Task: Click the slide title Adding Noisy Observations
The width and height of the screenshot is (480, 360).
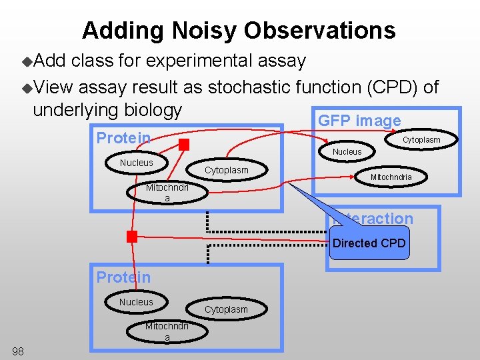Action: point(239,30)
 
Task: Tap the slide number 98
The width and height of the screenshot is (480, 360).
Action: point(18,351)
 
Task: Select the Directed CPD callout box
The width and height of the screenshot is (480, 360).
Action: point(369,243)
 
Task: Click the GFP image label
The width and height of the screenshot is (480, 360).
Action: point(359,121)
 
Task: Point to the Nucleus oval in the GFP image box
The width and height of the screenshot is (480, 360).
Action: point(347,152)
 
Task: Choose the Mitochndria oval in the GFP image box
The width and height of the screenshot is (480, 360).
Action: point(391,177)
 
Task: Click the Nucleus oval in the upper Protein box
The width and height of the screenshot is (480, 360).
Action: point(136,163)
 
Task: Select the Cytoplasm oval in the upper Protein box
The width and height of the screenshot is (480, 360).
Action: point(226,170)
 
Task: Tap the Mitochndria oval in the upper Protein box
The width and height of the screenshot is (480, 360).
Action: point(167,193)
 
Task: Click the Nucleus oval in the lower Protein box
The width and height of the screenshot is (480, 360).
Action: point(136,302)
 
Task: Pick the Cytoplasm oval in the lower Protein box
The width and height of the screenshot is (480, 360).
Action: point(226,309)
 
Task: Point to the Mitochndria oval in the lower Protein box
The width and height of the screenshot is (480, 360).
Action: point(167,331)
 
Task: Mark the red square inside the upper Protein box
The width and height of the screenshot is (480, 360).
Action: point(184,145)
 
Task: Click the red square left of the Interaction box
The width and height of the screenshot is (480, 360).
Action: point(132,236)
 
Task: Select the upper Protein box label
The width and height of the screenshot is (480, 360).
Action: point(123,138)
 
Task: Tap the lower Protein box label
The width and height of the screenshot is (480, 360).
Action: point(123,277)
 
